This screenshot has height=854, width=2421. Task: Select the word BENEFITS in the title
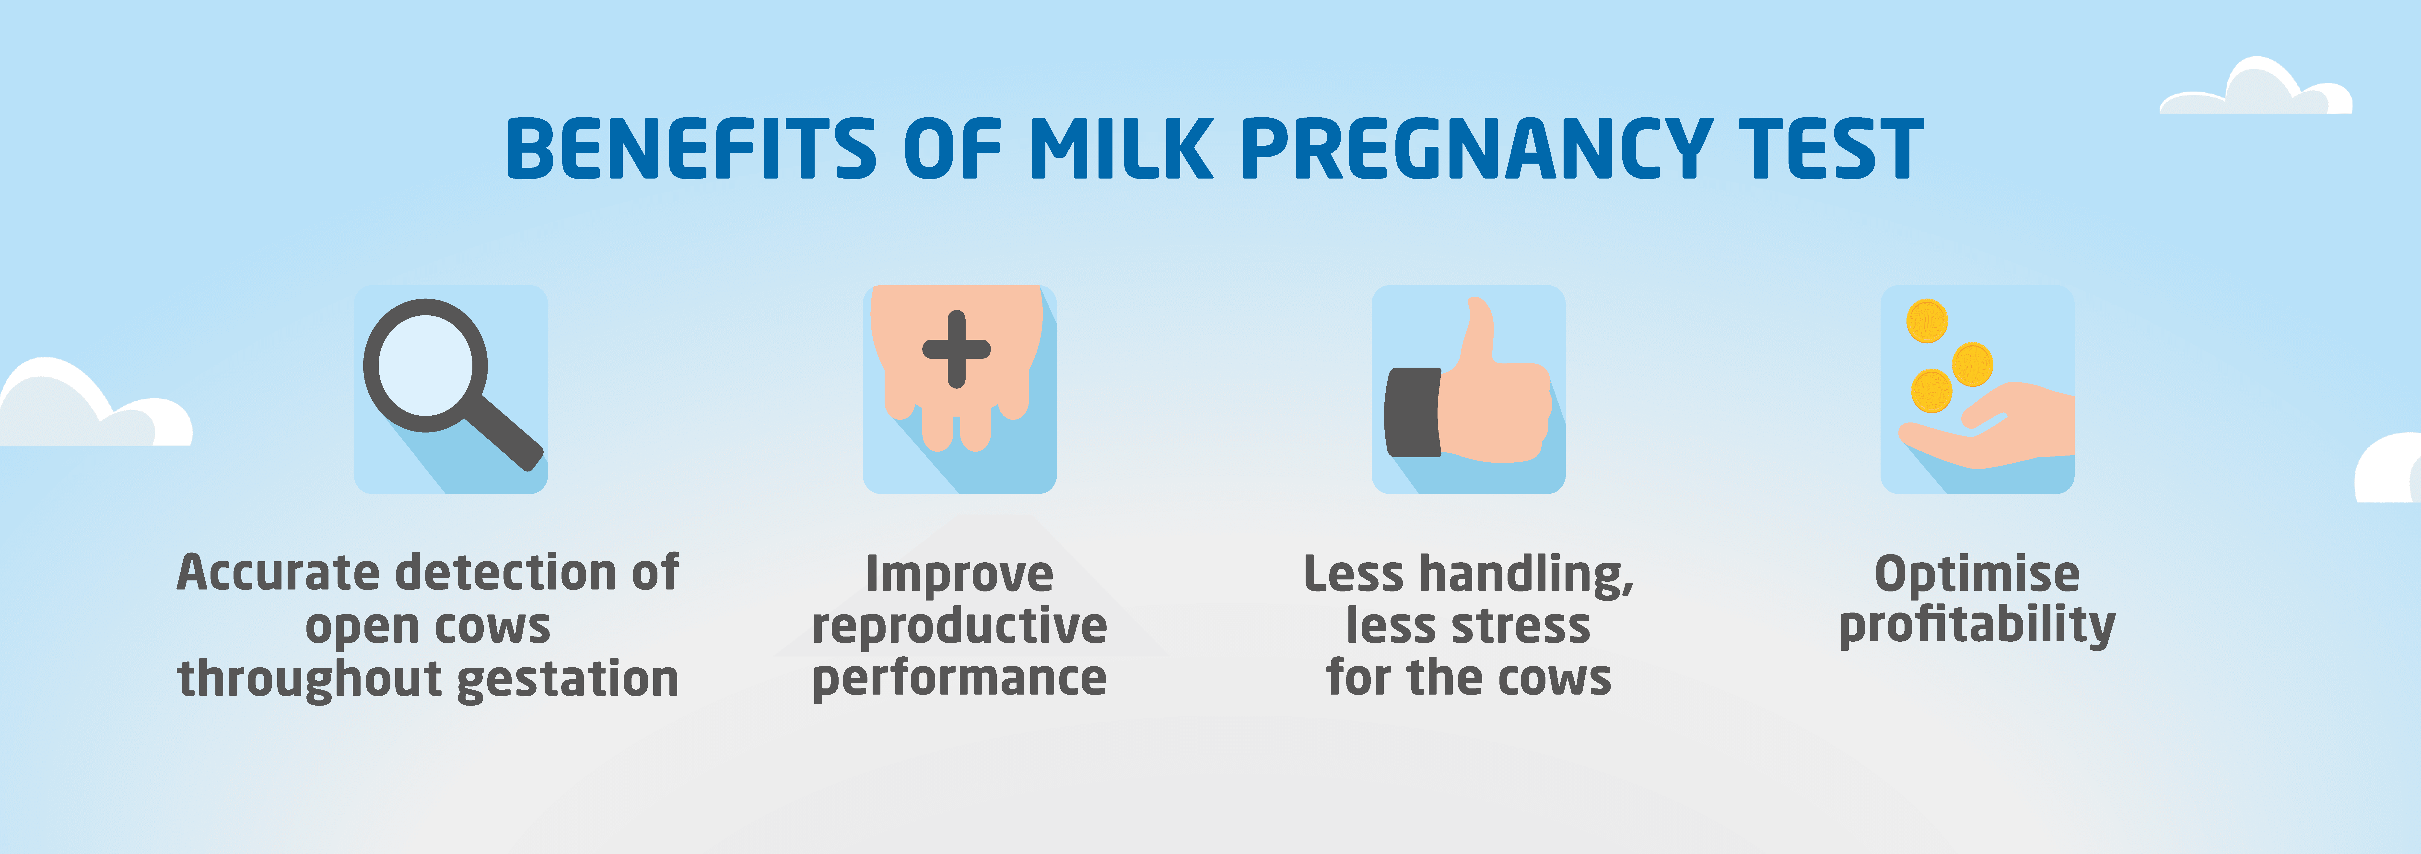[x=691, y=149]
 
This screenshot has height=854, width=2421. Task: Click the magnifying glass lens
[x=426, y=365]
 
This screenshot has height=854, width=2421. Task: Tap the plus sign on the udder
[x=957, y=349]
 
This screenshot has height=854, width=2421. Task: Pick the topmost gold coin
[x=1927, y=322]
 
